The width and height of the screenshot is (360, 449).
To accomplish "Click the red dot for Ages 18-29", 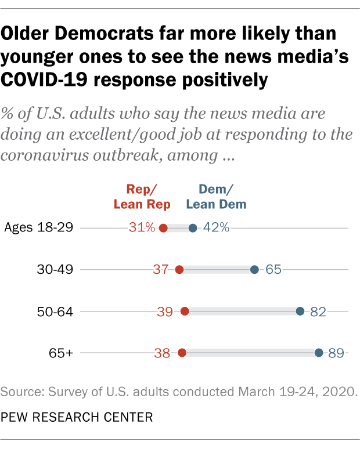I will point(163,228).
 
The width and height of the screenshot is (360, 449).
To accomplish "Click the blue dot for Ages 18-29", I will point(193,228).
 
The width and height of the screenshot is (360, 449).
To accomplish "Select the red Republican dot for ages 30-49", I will point(179,269).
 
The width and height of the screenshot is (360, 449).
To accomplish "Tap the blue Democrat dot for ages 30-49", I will point(254,269).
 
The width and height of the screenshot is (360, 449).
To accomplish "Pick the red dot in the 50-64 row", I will point(185,311).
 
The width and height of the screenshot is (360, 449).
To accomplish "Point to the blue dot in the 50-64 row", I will point(300,311).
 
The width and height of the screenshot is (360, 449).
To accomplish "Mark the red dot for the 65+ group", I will point(182,352).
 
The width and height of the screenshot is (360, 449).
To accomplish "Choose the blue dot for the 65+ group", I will point(319,352).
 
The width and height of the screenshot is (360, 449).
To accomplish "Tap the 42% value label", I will point(216,228).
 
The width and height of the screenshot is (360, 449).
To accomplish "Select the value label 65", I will point(273,269).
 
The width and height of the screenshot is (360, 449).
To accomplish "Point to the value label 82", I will point(318,311).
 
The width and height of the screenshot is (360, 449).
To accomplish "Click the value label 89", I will point(337,352).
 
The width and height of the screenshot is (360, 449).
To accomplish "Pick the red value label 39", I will point(165,311).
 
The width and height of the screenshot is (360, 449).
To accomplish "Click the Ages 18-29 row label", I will point(38,227).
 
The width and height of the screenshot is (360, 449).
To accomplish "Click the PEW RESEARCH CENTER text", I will point(78,417).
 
